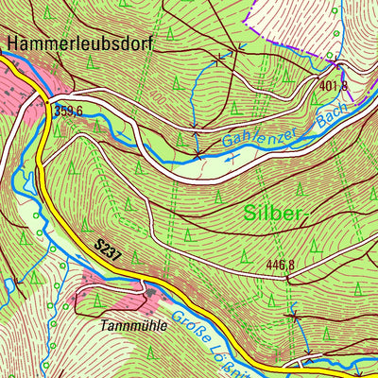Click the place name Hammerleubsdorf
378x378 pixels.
click(79, 43)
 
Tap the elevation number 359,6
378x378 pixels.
click(70, 110)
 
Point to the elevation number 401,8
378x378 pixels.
click(334, 86)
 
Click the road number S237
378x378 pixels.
click(110, 250)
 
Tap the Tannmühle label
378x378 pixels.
click(135, 325)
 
